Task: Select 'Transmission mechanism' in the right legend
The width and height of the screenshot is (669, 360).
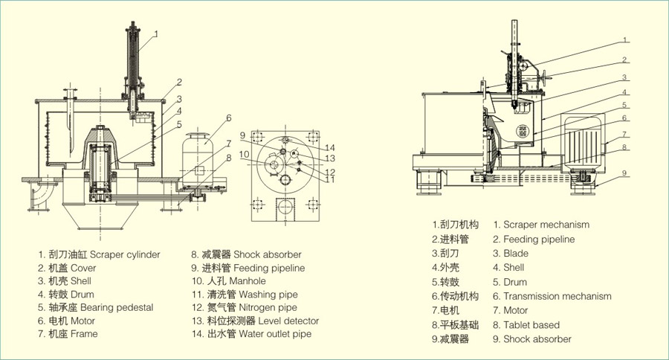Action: [x=552, y=296]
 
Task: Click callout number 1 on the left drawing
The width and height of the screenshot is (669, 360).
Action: [x=156, y=33]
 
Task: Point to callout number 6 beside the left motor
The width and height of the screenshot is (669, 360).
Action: [x=229, y=118]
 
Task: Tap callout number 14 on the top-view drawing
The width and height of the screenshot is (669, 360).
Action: [x=330, y=147]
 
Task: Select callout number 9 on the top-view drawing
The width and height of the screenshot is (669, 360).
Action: [x=242, y=135]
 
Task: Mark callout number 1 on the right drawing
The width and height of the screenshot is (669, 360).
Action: [x=625, y=39]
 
